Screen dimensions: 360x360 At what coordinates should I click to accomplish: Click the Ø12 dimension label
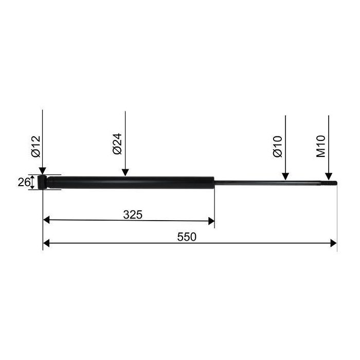[36, 147]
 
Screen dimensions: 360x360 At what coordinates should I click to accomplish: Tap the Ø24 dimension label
[118, 143]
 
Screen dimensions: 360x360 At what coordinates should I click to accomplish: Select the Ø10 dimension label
[278, 147]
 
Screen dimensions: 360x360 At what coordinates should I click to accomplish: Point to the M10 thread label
[321, 146]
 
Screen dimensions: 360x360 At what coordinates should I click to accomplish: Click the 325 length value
[133, 214]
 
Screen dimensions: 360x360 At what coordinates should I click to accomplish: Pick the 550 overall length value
[187, 237]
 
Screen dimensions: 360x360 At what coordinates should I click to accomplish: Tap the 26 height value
[24, 183]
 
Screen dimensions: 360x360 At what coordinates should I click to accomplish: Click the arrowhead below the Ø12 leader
[43, 171]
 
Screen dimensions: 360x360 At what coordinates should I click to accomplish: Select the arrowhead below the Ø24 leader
[125, 172]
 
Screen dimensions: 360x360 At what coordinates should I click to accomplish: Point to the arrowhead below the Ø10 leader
[285, 176]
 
